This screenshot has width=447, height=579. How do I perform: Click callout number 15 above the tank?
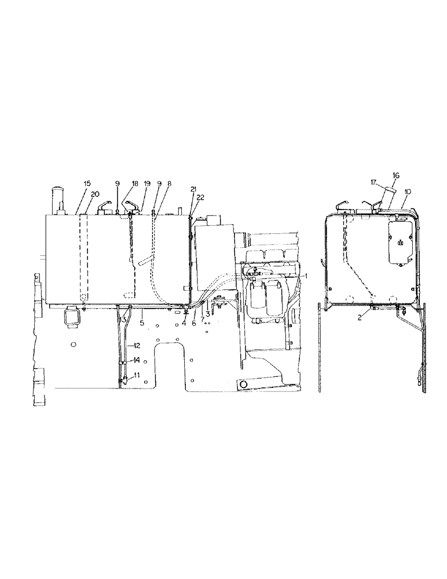click(x=87, y=184)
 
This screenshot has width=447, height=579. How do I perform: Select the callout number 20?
click(x=95, y=193)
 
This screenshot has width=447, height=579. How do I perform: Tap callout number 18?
click(x=134, y=184)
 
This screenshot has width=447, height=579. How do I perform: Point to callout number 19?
click(x=146, y=184)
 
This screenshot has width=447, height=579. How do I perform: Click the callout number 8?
click(x=169, y=184)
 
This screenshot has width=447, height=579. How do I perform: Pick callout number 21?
click(x=193, y=189)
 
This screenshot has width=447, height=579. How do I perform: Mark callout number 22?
click(x=200, y=198)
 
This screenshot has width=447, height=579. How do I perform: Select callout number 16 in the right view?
click(x=397, y=174)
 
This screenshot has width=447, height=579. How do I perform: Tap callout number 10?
click(x=408, y=190)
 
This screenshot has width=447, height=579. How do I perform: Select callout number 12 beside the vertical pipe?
click(x=137, y=346)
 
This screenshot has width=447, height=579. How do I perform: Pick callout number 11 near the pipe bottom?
click(x=137, y=376)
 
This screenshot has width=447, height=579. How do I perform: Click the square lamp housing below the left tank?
click(x=74, y=317)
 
